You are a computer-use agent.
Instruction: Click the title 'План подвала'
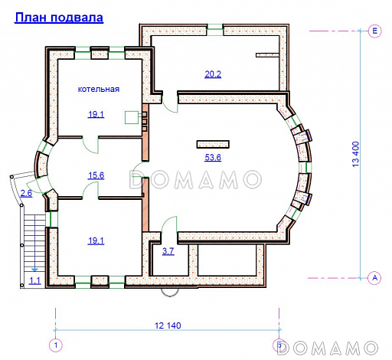coord(59,16)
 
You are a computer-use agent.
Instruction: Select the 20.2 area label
coord(212,74)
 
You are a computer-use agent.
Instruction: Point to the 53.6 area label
coord(213,158)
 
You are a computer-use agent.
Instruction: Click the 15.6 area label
coord(96,175)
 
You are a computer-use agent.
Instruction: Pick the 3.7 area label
coord(168,251)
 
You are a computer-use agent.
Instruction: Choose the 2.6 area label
coord(26,193)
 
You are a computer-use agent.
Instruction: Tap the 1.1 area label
coord(34,281)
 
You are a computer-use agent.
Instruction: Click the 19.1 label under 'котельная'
coord(96,114)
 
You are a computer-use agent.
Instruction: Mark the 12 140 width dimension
coord(168,326)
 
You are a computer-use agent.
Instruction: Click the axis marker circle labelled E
coord(374,31)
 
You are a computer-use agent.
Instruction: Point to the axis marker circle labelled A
coord(374,277)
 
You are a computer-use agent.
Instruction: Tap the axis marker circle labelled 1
coord(55,346)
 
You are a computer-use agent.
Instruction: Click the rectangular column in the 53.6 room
coord(212,142)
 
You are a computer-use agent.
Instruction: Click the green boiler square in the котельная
coord(132,117)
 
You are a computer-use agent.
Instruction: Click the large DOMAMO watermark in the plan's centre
coord(195,180)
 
